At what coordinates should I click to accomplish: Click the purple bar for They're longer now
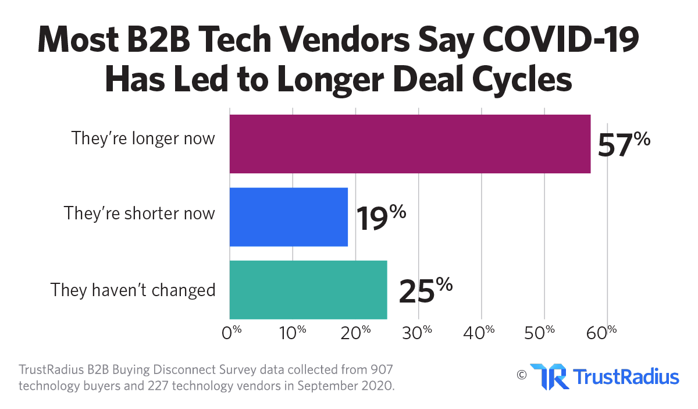tap(410, 144)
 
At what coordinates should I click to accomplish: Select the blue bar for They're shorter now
tap(289, 216)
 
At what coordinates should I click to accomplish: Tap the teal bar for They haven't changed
tap(308, 290)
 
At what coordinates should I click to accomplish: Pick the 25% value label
tap(425, 290)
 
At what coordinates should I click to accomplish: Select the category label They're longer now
tap(143, 139)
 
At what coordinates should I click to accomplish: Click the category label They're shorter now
tap(140, 213)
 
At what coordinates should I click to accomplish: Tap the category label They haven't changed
tap(133, 289)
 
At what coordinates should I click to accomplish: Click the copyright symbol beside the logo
tap(521, 374)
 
